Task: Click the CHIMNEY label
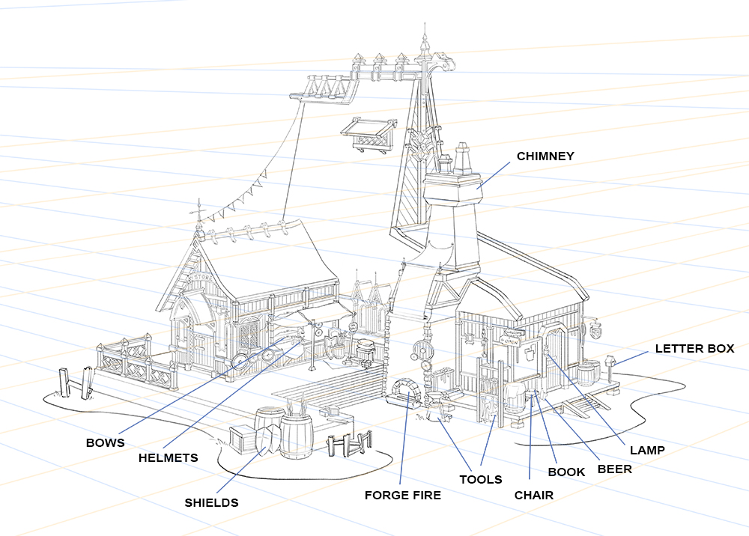click(x=545, y=156)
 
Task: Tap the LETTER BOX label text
click(x=694, y=349)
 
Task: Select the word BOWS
click(x=105, y=442)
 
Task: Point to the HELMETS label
click(x=168, y=457)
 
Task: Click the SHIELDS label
click(x=211, y=502)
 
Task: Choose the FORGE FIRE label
click(x=402, y=495)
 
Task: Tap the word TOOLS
click(x=480, y=479)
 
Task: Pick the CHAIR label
click(x=533, y=495)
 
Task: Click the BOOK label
click(x=566, y=472)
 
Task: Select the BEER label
click(x=614, y=469)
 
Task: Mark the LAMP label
click(x=647, y=450)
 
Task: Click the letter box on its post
click(x=610, y=361)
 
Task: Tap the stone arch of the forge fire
click(x=406, y=390)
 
